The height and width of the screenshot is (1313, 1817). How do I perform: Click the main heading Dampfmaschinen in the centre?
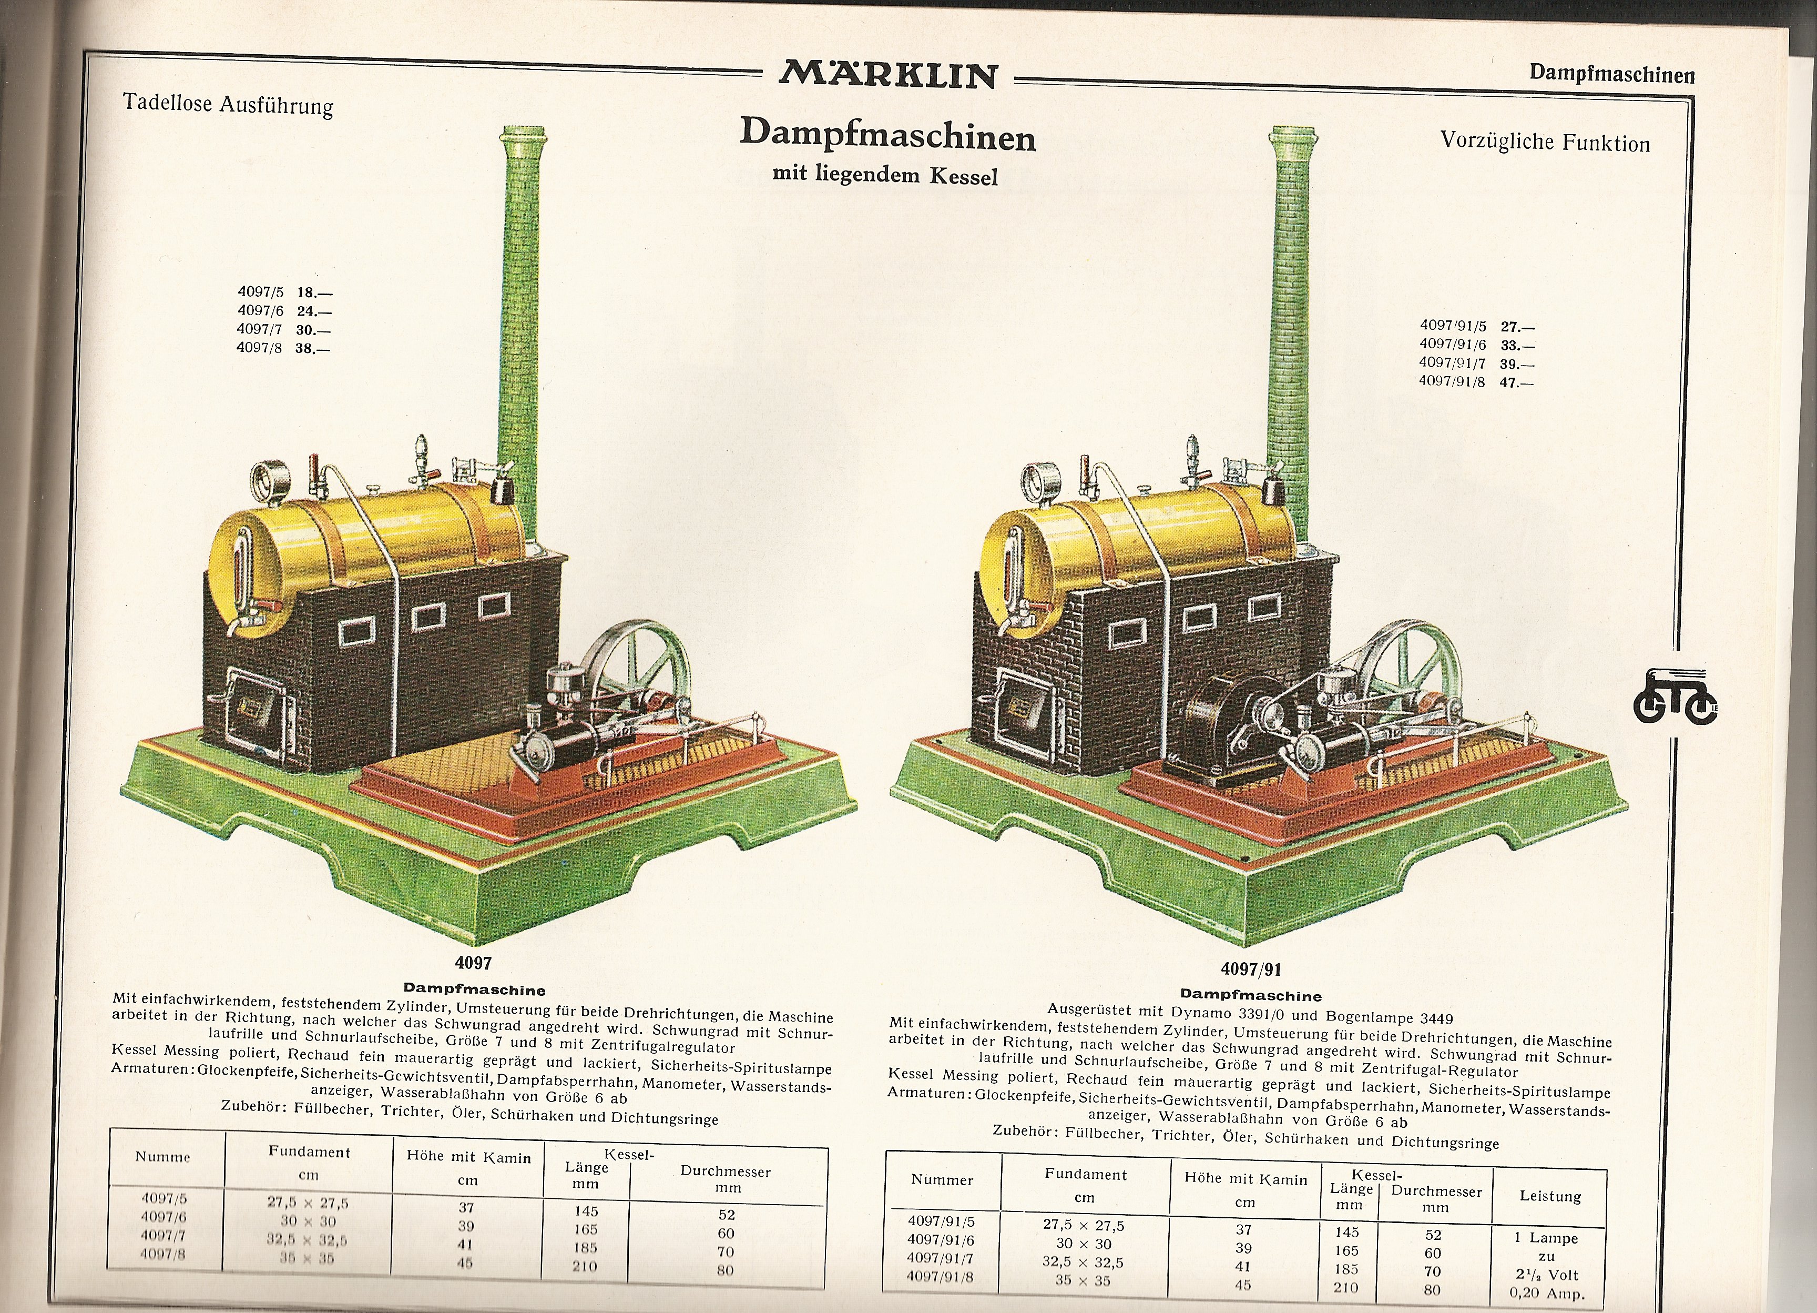click(887, 136)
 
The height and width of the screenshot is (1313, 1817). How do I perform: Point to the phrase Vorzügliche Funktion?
click(1545, 142)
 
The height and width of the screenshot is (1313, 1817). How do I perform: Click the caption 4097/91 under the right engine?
click(1251, 969)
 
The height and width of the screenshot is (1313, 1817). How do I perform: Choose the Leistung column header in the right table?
click(1550, 1197)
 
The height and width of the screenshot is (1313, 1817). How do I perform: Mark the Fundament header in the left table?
click(309, 1152)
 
